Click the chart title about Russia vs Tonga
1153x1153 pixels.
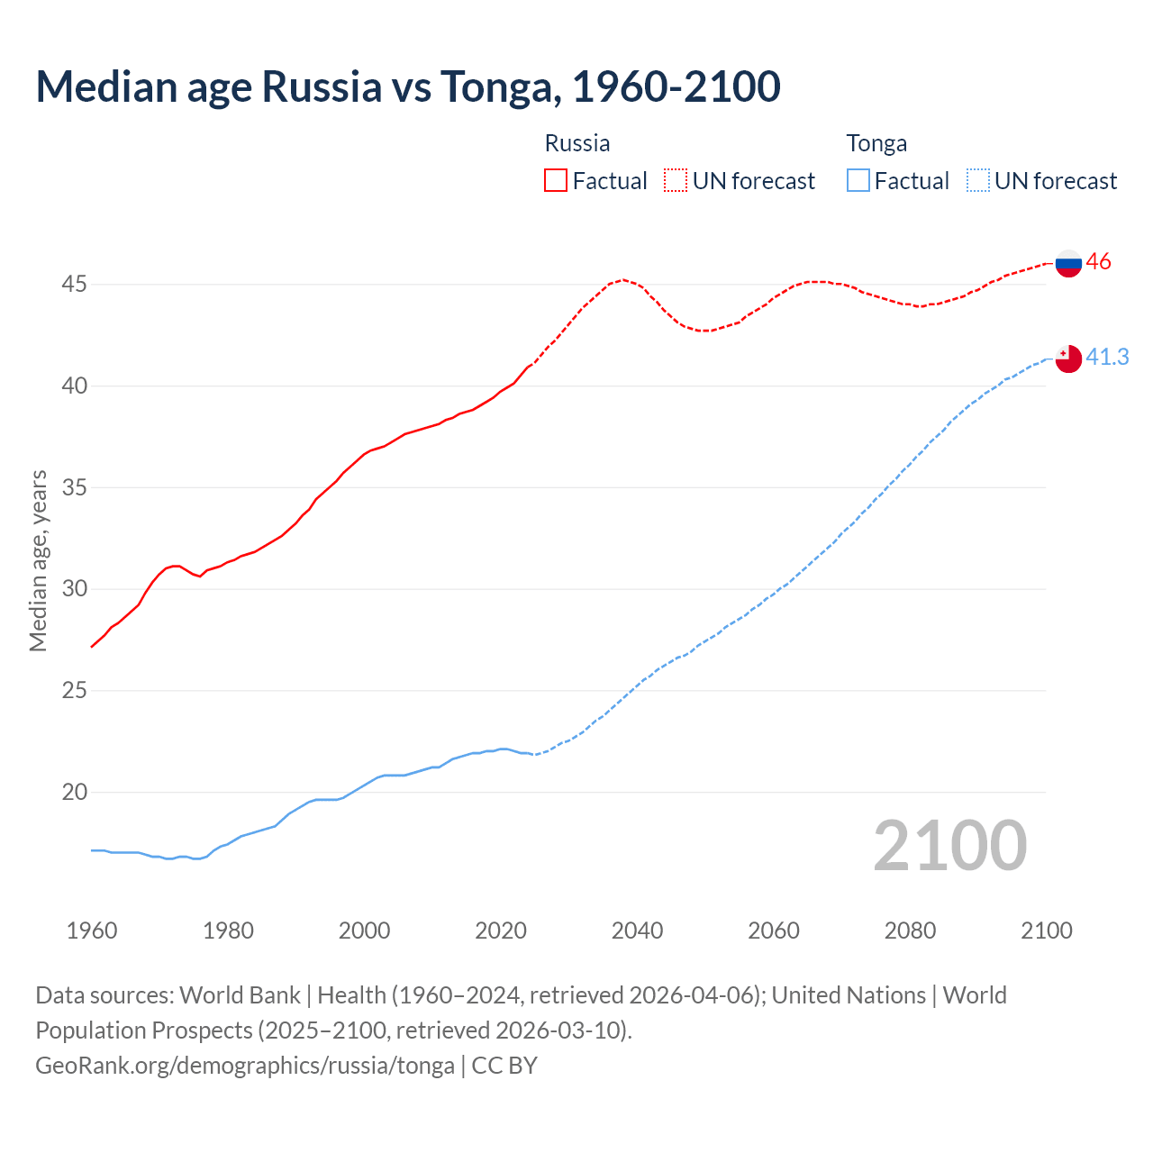pyautogui.click(x=407, y=87)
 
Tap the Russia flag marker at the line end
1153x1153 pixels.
pyautogui.click(x=1068, y=263)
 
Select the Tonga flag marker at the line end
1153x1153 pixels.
pyautogui.click(x=1068, y=359)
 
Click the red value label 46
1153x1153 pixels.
pyautogui.click(x=1099, y=262)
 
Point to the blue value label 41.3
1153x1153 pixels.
pyautogui.click(x=1107, y=358)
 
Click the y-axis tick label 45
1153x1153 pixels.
pyautogui.click(x=74, y=285)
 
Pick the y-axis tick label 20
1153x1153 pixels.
pyautogui.click(x=74, y=793)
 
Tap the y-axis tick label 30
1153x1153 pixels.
pyautogui.click(x=74, y=589)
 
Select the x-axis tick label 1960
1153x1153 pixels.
pyautogui.click(x=92, y=931)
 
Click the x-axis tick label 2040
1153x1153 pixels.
pyautogui.click(x=637, y=931)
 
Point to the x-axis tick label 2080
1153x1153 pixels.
pyautogui.click(x=910, y=931)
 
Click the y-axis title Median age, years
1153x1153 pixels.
pyautogui.click(x=39, y=560)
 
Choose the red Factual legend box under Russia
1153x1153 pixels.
pyautogui.click(x=556, y=181)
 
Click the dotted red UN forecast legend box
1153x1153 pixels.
pyautogui.click(x=676, y=181)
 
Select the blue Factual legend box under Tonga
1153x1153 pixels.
pyautogui.click(x=858, y=181)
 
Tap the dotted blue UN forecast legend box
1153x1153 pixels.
pyautogui.click(x=977, y=181)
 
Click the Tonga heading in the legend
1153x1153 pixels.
pyautogui.click(x=876, y=144)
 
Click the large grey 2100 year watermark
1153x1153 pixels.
pyautogui.click(x=950, y=846)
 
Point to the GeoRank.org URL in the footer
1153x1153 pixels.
pyautogui.click(x=245, y=1066)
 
